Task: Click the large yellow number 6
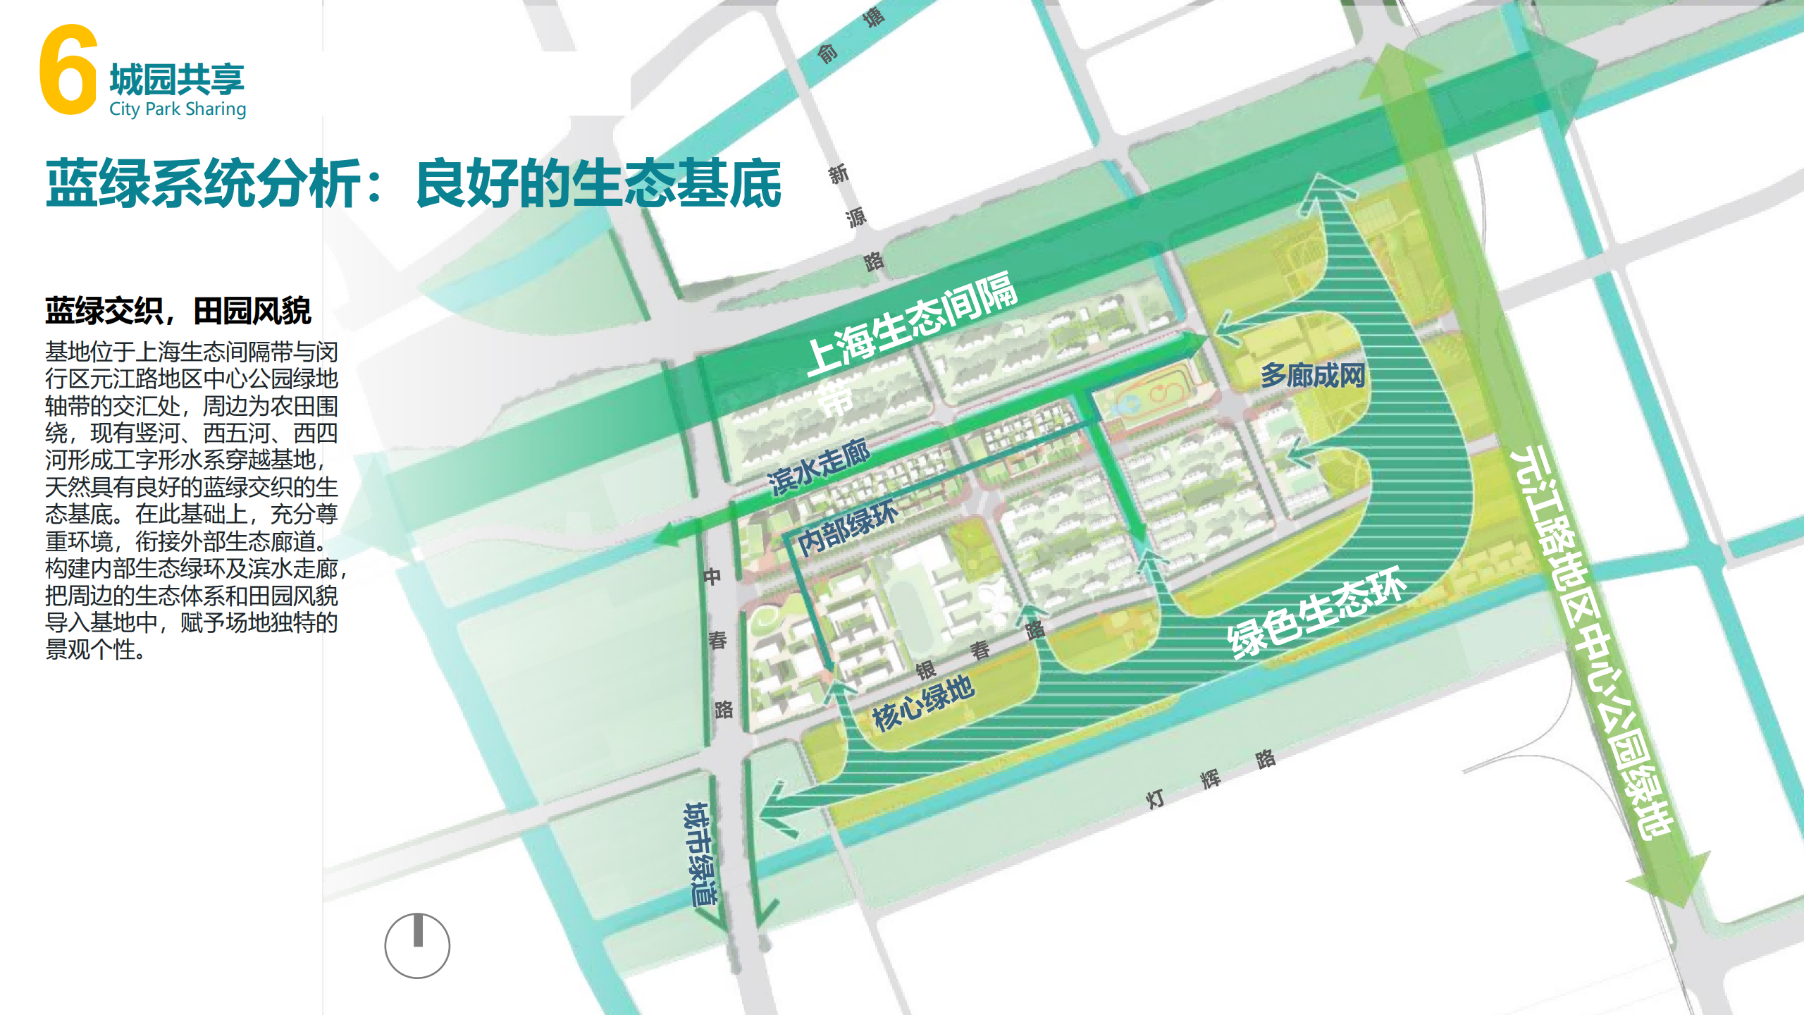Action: [x=68, y=70]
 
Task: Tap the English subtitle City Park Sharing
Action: [x=178, y=109]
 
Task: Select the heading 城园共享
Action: [x=177, y=79]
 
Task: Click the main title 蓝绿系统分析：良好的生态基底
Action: [x=414, y=184]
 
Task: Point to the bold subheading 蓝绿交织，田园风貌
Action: [x=178, y=311]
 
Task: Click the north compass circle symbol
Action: [x=417, y=946]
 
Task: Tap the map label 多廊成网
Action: [x=1313, y=375]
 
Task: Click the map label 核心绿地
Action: [x=923, y=702]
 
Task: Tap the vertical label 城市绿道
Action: [x=699, y=854]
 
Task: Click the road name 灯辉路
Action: [x=1210, y=779]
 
